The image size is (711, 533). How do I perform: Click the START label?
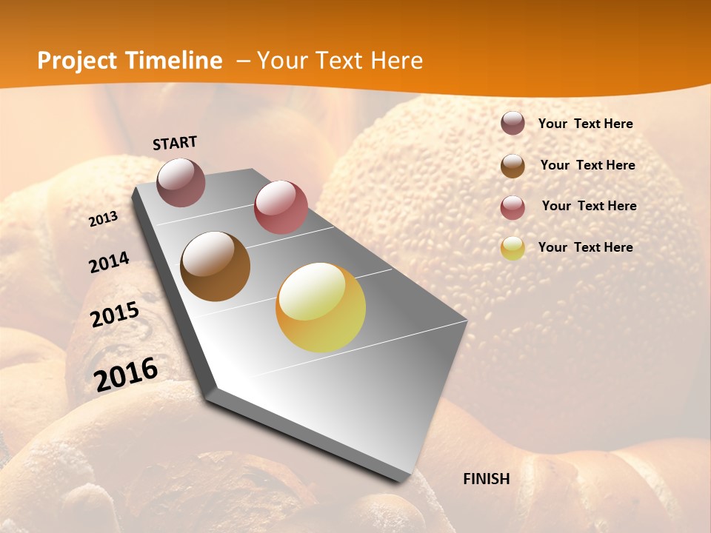tap(175, 143)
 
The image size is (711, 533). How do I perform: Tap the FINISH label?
tap(487, 479)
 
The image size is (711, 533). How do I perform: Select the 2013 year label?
tap(103, 219)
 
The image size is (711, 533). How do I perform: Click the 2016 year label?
tap(126, 374)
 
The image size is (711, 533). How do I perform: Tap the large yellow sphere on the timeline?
tap(321, 307)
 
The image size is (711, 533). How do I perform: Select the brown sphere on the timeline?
tap(215, 266)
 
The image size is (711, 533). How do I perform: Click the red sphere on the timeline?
tap(281, 207)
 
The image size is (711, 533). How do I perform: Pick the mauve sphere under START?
tap(181, 182)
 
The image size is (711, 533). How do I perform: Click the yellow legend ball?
tap(513, 248)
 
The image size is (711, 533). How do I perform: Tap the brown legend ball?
tap(513, 166)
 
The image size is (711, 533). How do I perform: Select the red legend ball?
tap(513, 207)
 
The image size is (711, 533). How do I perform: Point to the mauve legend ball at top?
tap(513, 123)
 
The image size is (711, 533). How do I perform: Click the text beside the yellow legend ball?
tap(585, 247)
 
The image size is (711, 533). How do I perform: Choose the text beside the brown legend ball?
tap(587, 165)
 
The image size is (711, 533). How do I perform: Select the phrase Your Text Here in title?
tap(340, 61)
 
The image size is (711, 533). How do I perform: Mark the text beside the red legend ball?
tap(589, 206)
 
